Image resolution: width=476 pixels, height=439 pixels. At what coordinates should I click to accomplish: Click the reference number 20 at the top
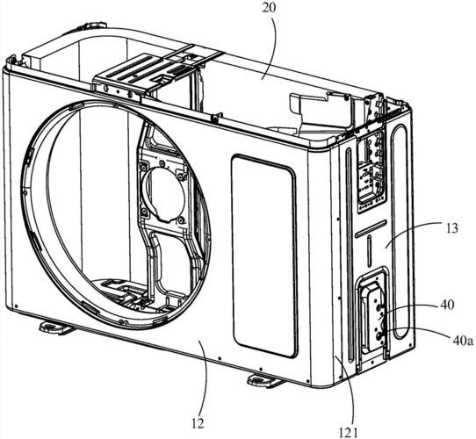pos(270,8)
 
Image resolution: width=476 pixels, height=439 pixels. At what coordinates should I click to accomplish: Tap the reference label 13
pos(451,228)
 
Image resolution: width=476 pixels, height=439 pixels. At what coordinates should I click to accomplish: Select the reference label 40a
pos(463,341)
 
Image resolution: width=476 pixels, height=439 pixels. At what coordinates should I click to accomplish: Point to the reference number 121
pos(349,432)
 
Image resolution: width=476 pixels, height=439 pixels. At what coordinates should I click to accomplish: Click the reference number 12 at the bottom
pos(198,423)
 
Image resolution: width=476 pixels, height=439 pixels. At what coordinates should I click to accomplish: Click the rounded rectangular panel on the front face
pos(263,255)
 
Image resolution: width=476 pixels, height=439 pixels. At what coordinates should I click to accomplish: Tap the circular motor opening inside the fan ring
pos(166,193)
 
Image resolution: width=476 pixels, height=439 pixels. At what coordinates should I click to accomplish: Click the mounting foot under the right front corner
pos(263,380)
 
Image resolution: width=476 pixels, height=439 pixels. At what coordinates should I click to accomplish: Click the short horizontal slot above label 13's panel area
pos(371,228)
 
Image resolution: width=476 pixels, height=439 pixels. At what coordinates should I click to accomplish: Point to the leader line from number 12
pos(203,380)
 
